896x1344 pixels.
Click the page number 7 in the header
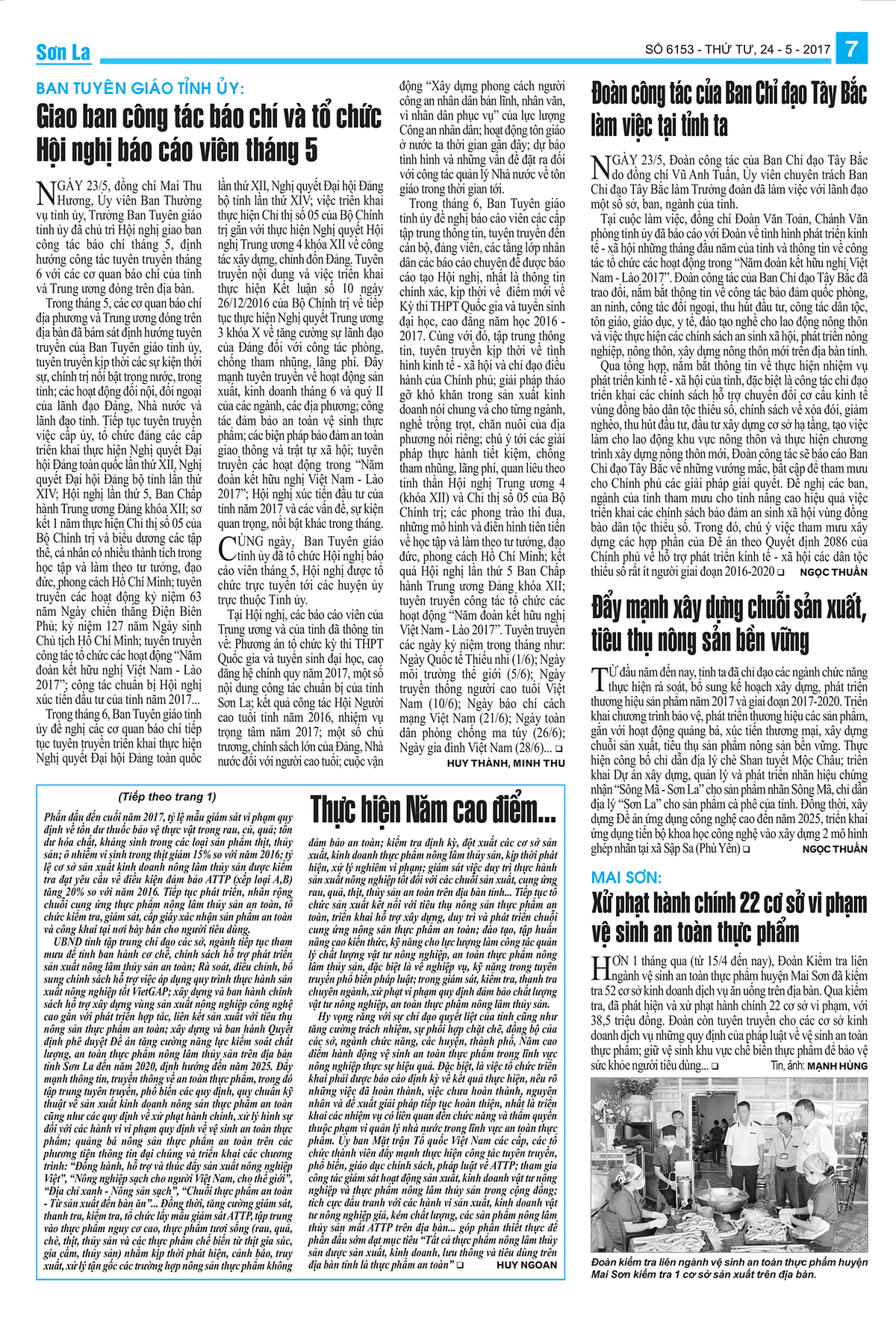[x=851, y=49]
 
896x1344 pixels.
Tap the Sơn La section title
[x=63, y=52]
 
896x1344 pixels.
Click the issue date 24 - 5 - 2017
[x=795, y=50]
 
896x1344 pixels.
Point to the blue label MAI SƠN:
[x=626, y=877]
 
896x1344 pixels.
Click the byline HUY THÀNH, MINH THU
[x=505, y=763]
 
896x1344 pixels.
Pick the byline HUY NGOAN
[x=526, y=1265]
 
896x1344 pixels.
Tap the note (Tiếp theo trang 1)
[x=167, y=797]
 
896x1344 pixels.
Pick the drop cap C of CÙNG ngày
[x=227, y=548]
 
